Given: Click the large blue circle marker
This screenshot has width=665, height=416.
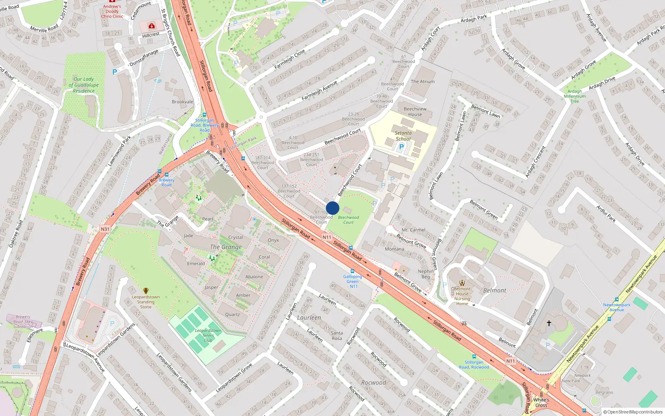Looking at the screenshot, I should (332, 208).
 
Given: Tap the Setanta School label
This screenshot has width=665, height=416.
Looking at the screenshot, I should (403, 136).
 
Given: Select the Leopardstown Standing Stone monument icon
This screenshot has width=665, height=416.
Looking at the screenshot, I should (146, 291).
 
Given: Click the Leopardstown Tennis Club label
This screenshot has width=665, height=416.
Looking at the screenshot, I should (208, 335).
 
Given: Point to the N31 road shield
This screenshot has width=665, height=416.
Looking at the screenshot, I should (105, 229).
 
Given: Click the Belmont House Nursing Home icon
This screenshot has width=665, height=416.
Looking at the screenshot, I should (462, 283).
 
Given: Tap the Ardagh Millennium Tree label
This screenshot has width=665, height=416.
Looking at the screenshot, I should (575, 96).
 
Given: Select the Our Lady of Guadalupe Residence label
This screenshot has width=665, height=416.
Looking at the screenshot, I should (84, 85).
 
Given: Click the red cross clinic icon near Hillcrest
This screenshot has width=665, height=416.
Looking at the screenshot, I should (152, 26).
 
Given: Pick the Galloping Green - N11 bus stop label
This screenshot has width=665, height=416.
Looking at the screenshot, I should (352, 281).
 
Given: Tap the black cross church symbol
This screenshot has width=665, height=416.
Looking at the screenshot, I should (549, 323).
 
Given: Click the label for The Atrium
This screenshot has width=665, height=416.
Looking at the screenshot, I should (423, 82).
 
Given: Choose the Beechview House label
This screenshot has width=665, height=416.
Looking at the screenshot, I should (415, 111).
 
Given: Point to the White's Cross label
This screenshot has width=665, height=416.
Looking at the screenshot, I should (541, 402).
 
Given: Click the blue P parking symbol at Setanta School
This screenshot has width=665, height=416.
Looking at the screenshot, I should (401, 146).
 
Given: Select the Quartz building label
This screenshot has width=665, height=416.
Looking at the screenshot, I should (232, 314).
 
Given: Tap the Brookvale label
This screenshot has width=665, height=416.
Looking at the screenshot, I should (182, 102).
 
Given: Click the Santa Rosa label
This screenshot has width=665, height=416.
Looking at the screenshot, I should (337, 335).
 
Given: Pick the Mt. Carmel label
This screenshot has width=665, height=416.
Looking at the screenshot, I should (413, 230).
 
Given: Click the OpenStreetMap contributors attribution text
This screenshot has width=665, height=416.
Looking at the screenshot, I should (633, 412).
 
